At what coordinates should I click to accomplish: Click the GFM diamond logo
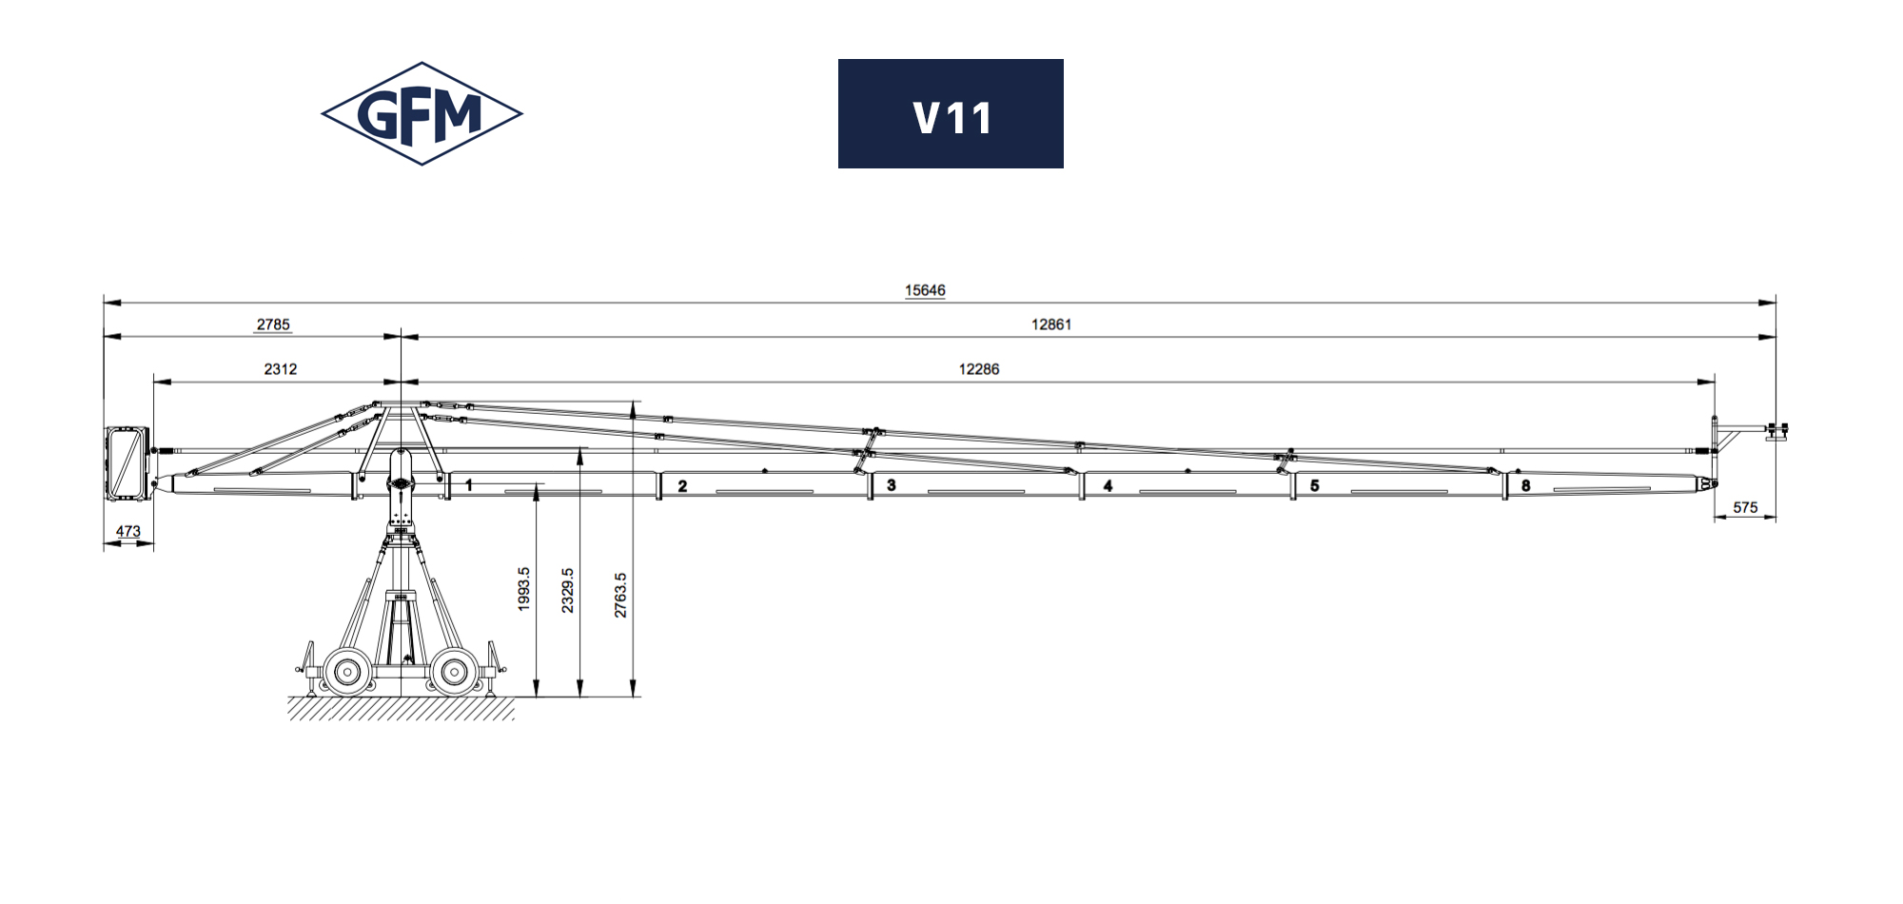pyautogui.click(x=422, y=114)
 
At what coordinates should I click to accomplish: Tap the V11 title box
pyautogui.click(x=951, y=114)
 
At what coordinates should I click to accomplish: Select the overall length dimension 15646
pyautogui.click(x=925, y=290)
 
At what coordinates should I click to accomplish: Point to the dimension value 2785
pyautogui.click(x=273, y=324)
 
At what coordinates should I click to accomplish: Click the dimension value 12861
pyautogui.click(x=1051, y=324)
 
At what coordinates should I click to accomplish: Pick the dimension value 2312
pyautogui.click(x=281, y=369)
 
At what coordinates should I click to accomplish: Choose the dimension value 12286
pyautogui.click(x=979, y=369)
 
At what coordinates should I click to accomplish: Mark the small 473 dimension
pyautogui.click(x=128, y=531)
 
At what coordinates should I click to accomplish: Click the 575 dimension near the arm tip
pyautogui.click(x=1745, y=507)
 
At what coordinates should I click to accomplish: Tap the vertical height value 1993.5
pyautogui.click(x=523, y=589)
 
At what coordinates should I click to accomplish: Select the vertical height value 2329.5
pyautogui.click(x=568, y=590)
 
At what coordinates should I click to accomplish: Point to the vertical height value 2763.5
pyautogui.click(x=620, y=595)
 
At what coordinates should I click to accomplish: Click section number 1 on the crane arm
pyautogui.click(x=468, y=485)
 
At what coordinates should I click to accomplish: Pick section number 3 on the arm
pyautogui.click(x=892, y=485)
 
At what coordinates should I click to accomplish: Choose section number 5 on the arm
pyautogui.click(x=1315, y=485)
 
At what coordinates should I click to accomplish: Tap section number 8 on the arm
pyautogui.click(x=1526, y=485)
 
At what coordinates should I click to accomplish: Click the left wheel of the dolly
pyautogui.click(x=347, y=672)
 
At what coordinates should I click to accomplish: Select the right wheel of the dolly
pyautogui.click(x=454, y=672)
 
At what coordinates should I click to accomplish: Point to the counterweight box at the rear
pyautogui.click(x=128, y=463)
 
